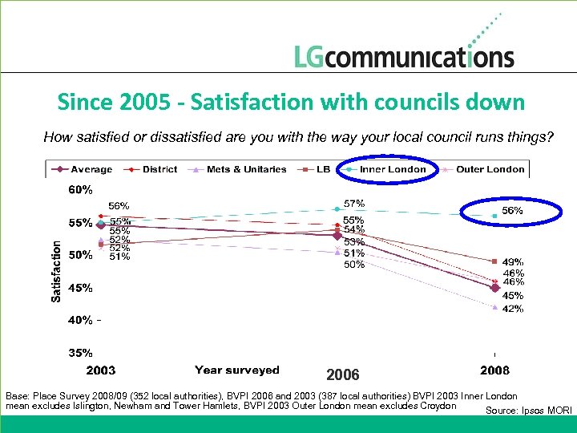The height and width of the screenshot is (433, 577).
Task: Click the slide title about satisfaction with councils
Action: coord(291,103)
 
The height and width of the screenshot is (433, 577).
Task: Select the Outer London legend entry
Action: coord(489,169)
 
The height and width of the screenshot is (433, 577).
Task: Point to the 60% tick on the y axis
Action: coord(80,190)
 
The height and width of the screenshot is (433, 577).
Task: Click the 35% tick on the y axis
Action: coord(80,352)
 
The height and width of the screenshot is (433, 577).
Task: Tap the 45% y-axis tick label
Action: coord(80,287)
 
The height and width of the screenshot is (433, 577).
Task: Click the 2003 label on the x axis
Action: coord(100,370)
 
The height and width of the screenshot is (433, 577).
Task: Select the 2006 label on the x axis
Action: coord(343,375)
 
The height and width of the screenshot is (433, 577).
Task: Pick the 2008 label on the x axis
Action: coord(494,370)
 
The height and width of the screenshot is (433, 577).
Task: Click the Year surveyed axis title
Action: coord(236,370)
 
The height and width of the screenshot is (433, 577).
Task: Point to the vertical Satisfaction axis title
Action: coord(56,273)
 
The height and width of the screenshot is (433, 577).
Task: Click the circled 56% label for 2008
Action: coord(512,210)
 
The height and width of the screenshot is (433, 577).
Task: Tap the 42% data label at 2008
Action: coord(513,309)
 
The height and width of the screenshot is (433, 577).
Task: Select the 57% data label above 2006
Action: coord(354,204)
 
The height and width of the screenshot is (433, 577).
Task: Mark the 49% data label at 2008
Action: coord(513,261)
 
